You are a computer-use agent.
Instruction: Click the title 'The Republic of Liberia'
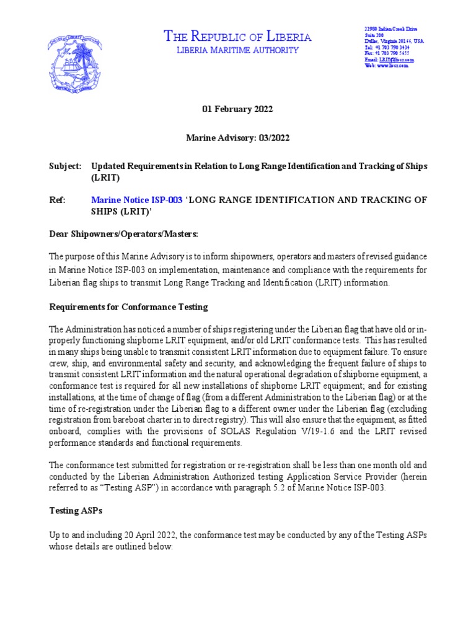[237, 37]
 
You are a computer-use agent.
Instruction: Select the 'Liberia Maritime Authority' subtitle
[237, 51]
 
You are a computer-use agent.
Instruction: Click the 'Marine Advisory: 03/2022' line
[237, 138]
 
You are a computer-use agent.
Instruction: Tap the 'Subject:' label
[65, 167]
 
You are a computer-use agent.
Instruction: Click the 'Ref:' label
[57, 200]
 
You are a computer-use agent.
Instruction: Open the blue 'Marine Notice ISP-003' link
[137, 200]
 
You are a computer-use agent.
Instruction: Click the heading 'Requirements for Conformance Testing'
[128, 307]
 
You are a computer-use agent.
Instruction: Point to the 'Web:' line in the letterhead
[386, 66]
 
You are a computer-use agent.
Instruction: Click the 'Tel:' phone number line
[387, 47]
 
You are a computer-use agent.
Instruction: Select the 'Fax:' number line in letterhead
[387, 53]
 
